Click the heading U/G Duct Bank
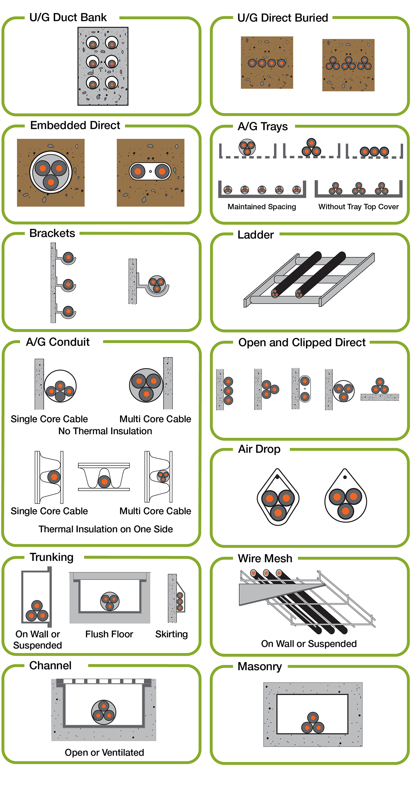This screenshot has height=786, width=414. [x=68, y=17]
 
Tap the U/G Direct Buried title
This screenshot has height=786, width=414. [x=282, y=18]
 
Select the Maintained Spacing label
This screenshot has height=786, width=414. [x=262, y=207]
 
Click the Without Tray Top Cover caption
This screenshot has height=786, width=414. [x=358, y=207]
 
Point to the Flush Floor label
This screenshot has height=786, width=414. [x=109, y=634]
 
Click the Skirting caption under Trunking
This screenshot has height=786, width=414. [x=171, y=634]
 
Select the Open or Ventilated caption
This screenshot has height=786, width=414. [x=104, y=752]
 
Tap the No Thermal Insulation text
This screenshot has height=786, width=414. [x=105, y=431]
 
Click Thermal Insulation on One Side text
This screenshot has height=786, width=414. [x=106, y=529]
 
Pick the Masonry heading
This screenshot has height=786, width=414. [x=259, y=666]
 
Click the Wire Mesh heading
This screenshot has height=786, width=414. [x=265, y=558]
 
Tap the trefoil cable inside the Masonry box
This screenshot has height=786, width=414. [x=313, y=723]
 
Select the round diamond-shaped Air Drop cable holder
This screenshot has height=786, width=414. [x=278, y=497]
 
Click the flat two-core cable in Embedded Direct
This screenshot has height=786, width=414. [x=150, y=171]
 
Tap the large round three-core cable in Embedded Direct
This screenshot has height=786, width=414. [x=51, y=172]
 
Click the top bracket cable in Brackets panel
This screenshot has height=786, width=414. [x=68, y=257]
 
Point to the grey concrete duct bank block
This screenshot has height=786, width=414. [x=103, y=66]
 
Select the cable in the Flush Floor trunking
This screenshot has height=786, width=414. [x=110, y=601]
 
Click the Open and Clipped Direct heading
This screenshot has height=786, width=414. [x=302, y=342]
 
